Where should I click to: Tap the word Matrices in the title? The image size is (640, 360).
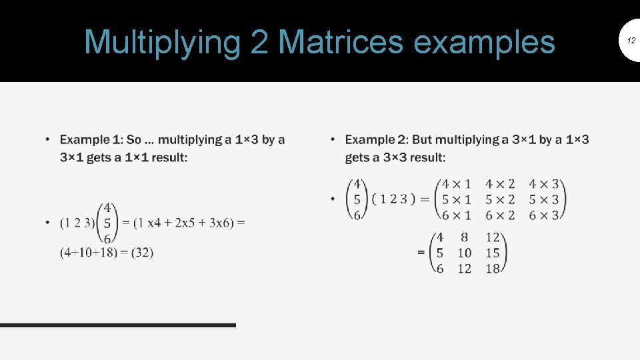tap(340, 42)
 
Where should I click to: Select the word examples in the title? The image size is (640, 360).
tap(484, 42)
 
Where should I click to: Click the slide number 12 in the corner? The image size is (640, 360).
tap(630, 41)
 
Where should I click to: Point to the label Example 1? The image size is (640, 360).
tap(91, 139)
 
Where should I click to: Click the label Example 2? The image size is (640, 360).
tap(376, 139)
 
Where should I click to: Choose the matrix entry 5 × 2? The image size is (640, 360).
tap(500, 199)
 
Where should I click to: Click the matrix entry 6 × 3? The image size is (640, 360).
tap(544, 215)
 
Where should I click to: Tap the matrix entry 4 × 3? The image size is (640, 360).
tap(544, 184)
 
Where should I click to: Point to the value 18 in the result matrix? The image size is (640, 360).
tap(493, 268)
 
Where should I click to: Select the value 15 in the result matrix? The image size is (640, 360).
tap(493, 253)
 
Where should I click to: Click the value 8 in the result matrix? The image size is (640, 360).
tap(464, 237)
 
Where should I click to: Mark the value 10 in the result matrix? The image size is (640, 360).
tap(464, 253)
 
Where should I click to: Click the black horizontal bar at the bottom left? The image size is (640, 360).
tap(118, 325)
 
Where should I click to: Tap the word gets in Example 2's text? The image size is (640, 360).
tap(357, 157)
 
